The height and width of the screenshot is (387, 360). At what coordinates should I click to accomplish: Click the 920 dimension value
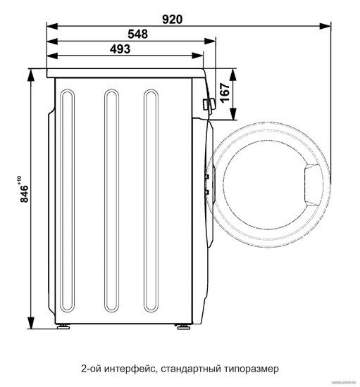[172, 19]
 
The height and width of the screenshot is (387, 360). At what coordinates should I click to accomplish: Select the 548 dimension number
[137, 34]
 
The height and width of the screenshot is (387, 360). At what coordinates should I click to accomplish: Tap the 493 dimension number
[120, 49]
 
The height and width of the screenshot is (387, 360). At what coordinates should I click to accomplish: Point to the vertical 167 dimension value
[225, 93]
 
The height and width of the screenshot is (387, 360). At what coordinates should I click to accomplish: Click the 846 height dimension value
[24, 193]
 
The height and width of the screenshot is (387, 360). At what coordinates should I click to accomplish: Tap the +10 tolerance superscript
[19, 180]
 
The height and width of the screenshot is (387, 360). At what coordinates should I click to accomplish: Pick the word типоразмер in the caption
[252, 369]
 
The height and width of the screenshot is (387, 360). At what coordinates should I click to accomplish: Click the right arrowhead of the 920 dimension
[325, 25]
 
